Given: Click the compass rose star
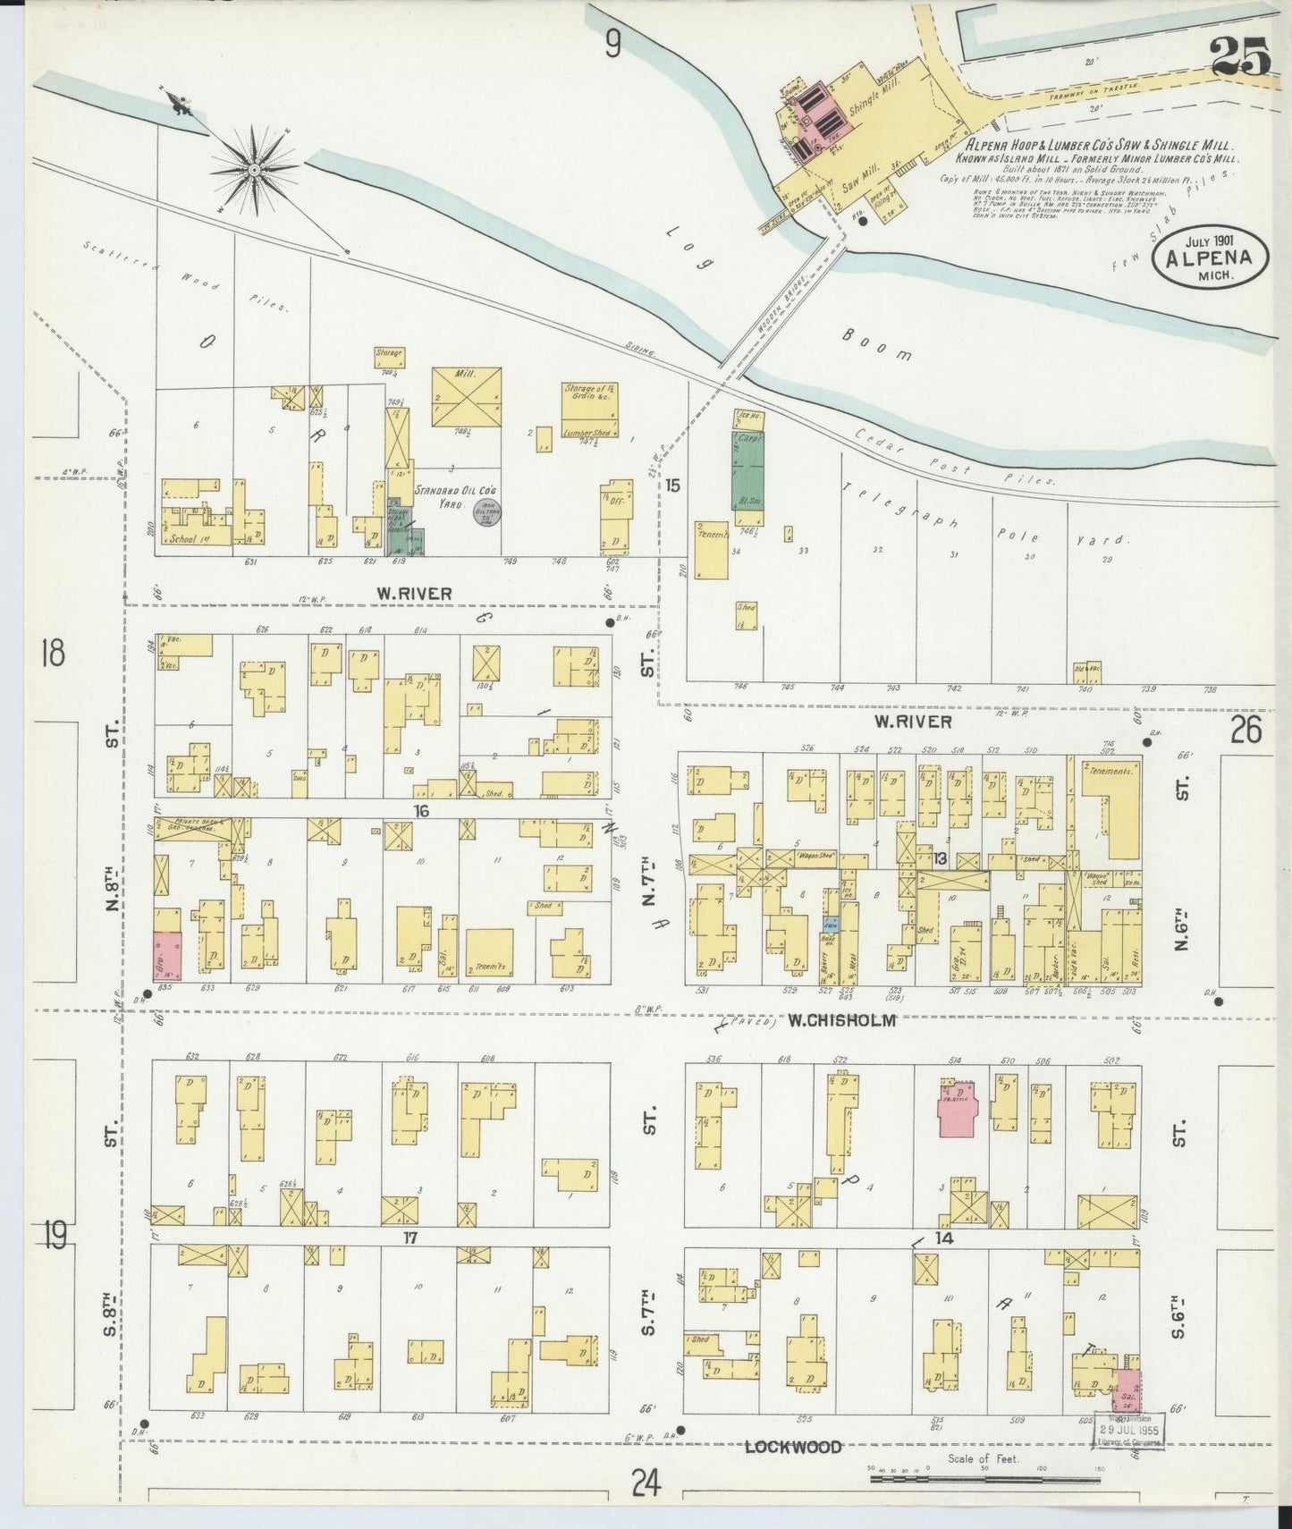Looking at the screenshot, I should (x=254, y=169).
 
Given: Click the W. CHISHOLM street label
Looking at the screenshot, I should (x=841, y=1020).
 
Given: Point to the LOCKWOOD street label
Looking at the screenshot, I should (x=793, y=1447).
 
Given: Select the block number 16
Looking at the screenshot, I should (x=422, y=811).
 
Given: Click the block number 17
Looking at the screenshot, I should (x=410, y=1238).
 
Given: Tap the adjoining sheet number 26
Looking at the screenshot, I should (x=1246, y=731).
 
